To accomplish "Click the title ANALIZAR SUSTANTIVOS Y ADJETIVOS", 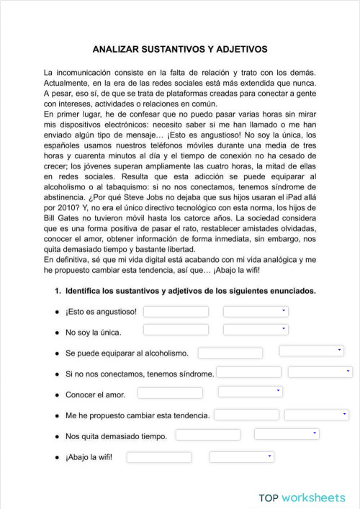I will pos(180,50).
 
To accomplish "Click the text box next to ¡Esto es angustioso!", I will pos(176,312).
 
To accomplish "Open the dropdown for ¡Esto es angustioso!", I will pos(255,312).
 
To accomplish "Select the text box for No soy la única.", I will pos(176,330).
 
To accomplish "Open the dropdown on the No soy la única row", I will pos(255,330).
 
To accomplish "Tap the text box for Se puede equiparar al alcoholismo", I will pos(230,353).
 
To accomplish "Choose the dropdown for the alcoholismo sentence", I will pos(312,351).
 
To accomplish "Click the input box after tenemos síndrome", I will pos(248,373).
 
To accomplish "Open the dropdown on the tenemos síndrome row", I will pos(320,372).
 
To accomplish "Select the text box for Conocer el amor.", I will pos(170,393).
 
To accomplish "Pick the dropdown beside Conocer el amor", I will pos(250,392).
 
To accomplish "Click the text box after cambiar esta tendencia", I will pos(246,415).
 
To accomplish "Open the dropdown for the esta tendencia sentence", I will pos(317,415).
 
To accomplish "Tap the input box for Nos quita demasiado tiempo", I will pos(208,435).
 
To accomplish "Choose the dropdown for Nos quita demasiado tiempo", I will pos(286,434).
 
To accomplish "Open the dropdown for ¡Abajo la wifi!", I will pos(241,456).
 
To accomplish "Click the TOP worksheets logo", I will pos(302,497).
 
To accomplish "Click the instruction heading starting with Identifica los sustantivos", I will pos(190,292).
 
